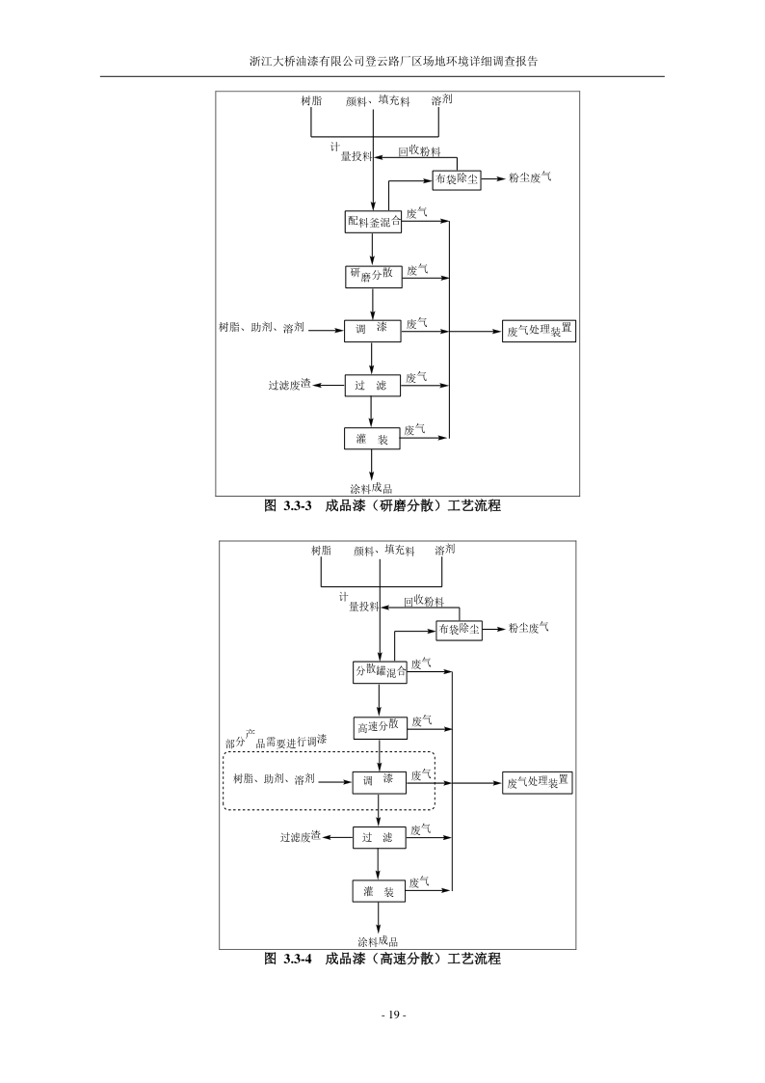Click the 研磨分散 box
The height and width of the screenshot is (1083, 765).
(372, 276)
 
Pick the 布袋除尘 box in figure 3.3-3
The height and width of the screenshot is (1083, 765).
(457, 179)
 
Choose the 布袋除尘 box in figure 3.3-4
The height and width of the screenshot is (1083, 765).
(460, 629)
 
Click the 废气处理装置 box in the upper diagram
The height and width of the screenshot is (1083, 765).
(540, 331)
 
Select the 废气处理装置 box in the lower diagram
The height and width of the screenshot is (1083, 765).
(539, 782)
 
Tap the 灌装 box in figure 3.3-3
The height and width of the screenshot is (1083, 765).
(372, 439)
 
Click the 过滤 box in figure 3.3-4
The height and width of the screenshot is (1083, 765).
(379, 838)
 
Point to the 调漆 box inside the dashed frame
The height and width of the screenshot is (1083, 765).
(379, 781)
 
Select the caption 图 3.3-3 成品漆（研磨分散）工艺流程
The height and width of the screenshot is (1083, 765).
(382, 505)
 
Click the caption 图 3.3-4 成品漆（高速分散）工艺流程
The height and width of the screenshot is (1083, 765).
(382, 959)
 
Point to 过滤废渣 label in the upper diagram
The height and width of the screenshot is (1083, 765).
(289, 386)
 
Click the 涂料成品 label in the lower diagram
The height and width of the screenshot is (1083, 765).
(378, 941)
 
